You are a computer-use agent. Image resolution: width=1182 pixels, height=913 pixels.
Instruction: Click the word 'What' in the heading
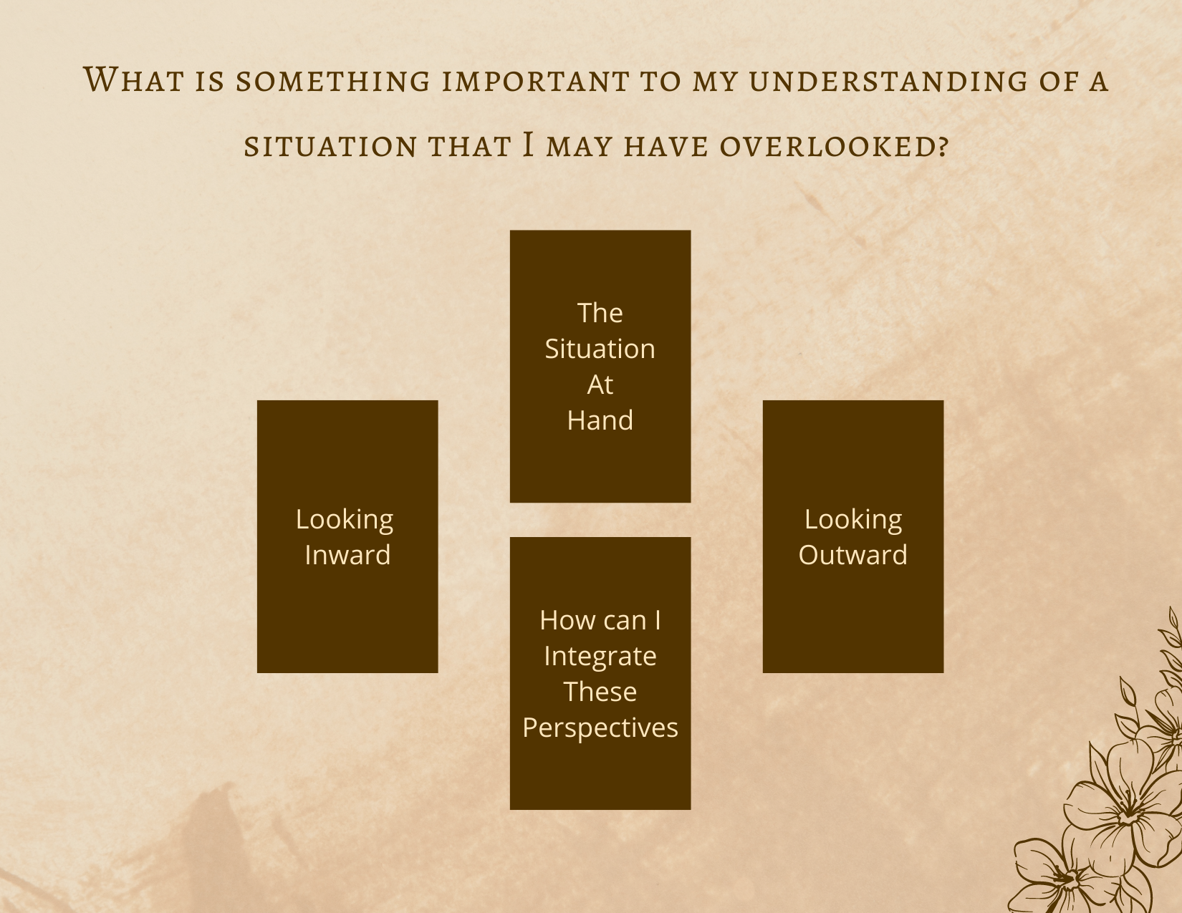click(x=133, y=79)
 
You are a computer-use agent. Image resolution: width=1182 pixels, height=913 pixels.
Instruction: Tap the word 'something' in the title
click(x=333, y=81)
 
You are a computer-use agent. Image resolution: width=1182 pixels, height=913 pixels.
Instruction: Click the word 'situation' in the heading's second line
click(x=330, y=146)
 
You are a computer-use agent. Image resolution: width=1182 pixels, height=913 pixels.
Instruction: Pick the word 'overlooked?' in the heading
click(x=835, y=146)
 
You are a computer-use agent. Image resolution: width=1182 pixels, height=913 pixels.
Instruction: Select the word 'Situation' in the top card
click(x=600, y=349)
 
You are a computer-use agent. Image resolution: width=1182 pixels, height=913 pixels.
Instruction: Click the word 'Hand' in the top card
click(x=600, y=420)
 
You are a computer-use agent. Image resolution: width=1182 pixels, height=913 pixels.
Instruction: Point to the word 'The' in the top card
click(x=600, y=313)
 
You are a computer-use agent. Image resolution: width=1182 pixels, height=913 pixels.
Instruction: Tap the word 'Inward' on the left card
click(x=347, y=555)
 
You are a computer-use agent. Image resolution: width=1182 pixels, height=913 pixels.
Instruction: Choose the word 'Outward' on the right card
click(x=853, y=555)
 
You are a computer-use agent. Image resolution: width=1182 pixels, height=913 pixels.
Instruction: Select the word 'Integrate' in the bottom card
click(x=600, y=657)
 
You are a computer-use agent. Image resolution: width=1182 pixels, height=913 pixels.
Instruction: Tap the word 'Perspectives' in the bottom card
click(x=600, y=728)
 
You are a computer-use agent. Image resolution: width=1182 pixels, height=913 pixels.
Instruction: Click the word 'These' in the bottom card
click(x=600, y=692)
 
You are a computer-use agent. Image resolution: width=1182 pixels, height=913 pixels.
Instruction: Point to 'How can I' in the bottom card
click(x=600, y=620)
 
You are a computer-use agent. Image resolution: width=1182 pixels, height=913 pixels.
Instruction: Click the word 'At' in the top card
click(x=600, y=385)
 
